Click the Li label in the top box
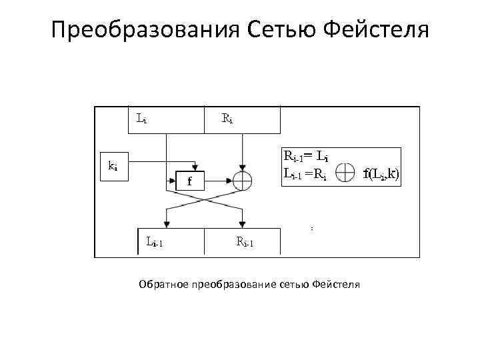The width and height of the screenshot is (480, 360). pos(142,120)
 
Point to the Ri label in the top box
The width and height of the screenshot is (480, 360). pos(227,120)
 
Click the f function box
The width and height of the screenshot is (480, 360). pos(189,179)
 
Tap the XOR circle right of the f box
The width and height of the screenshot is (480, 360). pos(241,179)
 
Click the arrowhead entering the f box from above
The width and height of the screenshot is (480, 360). pos(194,167)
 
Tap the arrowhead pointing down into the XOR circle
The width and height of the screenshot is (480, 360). pos(241,167)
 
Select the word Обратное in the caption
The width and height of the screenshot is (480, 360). pos(163,285)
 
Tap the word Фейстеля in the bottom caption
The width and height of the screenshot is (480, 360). pos(335,285)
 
